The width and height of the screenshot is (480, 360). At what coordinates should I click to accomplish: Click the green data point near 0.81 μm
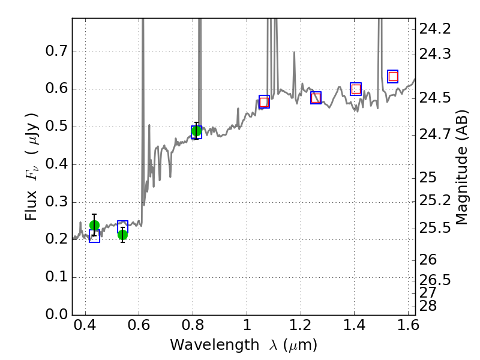tap(196, 131)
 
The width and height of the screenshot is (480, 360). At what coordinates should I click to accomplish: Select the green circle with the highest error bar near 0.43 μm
tap(94, 225)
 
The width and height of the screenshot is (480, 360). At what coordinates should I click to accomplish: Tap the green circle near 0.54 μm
tap(122, 235)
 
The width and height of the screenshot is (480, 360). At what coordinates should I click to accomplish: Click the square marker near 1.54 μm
tap(393, 76)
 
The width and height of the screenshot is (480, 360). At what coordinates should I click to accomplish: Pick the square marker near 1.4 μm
tap(356, 89)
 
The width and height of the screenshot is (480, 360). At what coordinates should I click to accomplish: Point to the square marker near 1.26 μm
tap(316, 98)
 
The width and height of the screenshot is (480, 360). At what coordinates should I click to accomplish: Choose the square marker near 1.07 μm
tap(264, 102)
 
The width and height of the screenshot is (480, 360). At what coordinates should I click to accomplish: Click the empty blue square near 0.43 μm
tap(94, 236)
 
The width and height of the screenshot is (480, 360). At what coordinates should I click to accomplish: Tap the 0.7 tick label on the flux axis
tap(57, 52)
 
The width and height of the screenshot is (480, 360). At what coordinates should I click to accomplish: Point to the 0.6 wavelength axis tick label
tap(139, 328)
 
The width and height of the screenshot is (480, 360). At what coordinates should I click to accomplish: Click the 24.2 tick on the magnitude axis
tap(436, 28)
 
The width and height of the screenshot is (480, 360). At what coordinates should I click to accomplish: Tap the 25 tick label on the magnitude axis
tap(427, 178)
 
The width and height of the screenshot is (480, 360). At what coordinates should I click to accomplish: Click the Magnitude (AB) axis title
tap(461, 167)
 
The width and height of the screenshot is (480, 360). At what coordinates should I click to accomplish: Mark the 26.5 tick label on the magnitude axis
tap(436, 280)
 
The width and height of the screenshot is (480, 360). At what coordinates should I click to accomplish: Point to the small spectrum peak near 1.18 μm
tap(294, 53)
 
